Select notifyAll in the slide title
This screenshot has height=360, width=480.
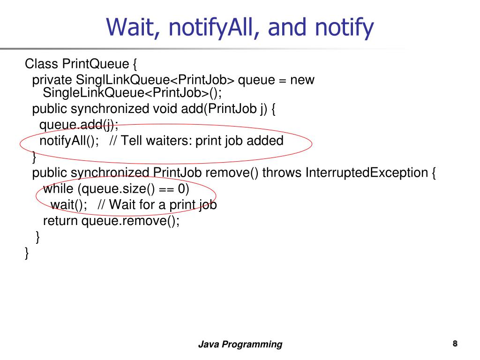coord(214,27)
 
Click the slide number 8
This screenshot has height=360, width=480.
coord(455,343)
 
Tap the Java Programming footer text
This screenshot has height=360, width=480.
coord(240,345)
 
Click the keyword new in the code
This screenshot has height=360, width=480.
coord(302,80)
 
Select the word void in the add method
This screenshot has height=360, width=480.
coord(165,109)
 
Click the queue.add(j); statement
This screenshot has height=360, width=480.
coord(79,125)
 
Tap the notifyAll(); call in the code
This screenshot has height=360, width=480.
coord(69,141)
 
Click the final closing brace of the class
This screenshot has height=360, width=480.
coord(27,254)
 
